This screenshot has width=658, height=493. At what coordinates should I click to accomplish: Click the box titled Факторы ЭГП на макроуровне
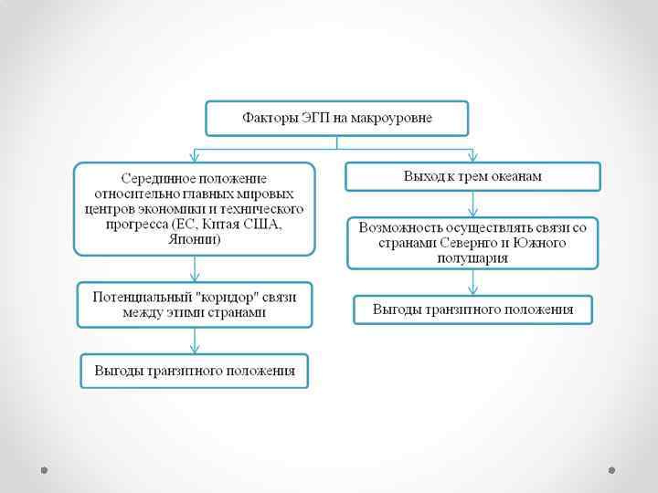[x=336, y=119]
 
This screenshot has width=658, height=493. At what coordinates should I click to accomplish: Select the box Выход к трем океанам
[x=472, y=176]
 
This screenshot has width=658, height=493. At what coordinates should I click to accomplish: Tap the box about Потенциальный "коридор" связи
[x=194, y=305]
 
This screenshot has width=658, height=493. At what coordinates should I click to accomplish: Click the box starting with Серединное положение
[x=194, y=209]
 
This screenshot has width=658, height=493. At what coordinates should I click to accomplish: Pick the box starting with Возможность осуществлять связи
[x=472, y=242]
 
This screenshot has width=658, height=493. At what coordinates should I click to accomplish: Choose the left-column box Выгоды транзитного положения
[x=194, y=371]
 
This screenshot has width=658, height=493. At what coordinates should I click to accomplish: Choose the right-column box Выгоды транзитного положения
[x=472, y=309]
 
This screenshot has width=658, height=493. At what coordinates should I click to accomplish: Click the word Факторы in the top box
[x=264, y=119]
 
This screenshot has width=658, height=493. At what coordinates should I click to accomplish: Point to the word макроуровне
[x=394, y=119]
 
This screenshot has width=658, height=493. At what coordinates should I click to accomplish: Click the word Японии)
[x=194, y=240]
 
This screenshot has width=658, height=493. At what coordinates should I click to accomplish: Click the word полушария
[x=472, y=258]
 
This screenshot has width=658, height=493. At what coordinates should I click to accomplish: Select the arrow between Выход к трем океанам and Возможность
[x=472, y=204]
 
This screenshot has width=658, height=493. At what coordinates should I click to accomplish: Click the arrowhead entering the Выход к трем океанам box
[x=472, y=157]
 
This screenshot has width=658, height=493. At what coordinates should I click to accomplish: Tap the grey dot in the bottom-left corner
[x=44, y=470]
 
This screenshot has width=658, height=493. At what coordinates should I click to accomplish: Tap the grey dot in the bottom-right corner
[x=611, y=470]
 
